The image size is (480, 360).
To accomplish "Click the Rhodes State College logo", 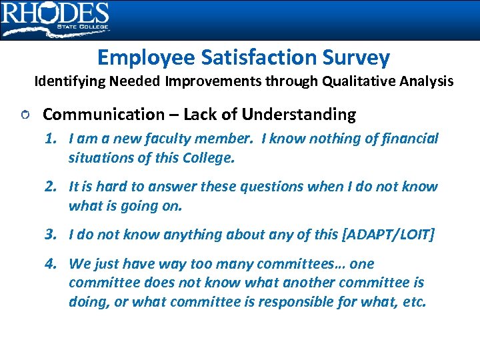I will [x=55, y=19].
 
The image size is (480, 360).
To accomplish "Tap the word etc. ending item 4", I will [x=413, y=301].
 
